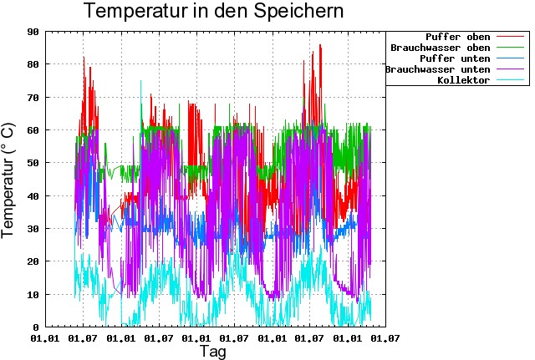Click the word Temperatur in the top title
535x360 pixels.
pyautogui.click(x=140, y=13)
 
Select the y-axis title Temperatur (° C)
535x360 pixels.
pyautogui.click(x=9, y=179)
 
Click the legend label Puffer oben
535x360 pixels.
pyautogui.click(x=457, y=37)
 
